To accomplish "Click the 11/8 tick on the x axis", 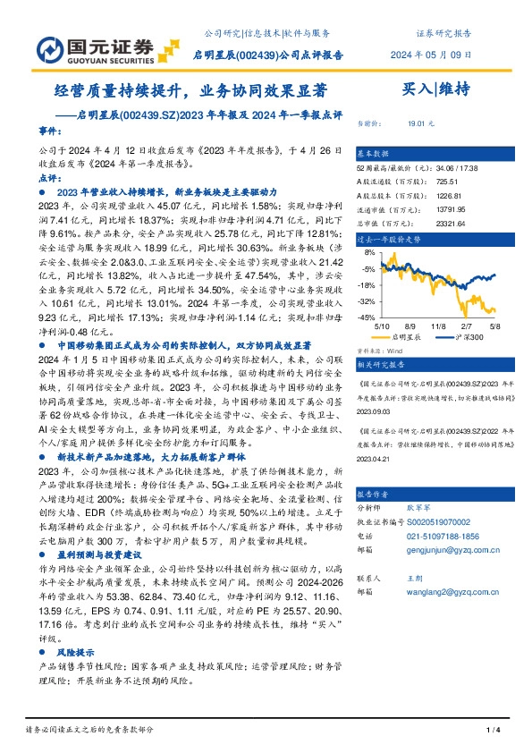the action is pyautogui.click(x=437, y=327).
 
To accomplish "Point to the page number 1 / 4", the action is pyautogui.click(x=491, y=731).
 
